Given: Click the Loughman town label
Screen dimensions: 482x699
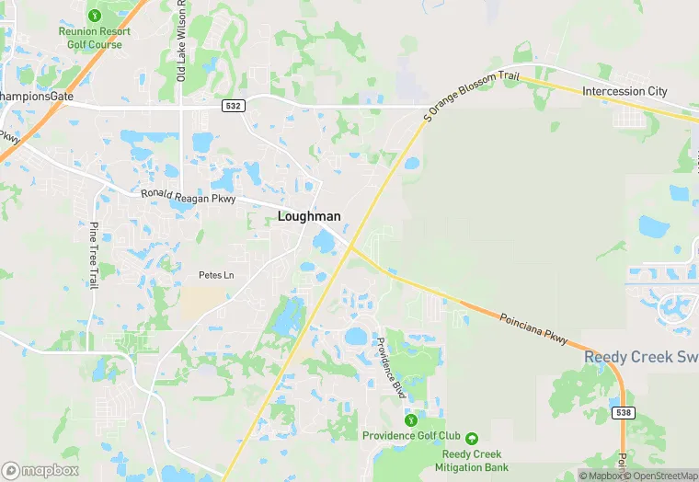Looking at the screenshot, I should (309, 216).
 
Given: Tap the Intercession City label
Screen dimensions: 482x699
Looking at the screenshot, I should (625, 91).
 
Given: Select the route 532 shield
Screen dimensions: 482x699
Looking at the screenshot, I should (234, 107).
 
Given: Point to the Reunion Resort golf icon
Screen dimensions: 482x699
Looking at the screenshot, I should (95, 15).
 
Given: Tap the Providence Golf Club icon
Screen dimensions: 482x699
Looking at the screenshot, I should (411, 420).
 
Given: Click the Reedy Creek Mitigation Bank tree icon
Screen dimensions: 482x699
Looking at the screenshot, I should (472, 438).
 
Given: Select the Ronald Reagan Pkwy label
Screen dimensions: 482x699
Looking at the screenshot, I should (188, 197).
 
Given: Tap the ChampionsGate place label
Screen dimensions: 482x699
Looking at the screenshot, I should (37, 96).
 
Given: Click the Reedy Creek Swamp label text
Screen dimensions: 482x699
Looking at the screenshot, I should (641, 357).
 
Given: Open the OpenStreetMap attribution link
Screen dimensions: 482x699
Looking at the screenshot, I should (661, 476).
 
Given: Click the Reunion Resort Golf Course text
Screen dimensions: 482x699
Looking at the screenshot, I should (95, 38).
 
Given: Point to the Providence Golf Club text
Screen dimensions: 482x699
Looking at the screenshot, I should (411, 435).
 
